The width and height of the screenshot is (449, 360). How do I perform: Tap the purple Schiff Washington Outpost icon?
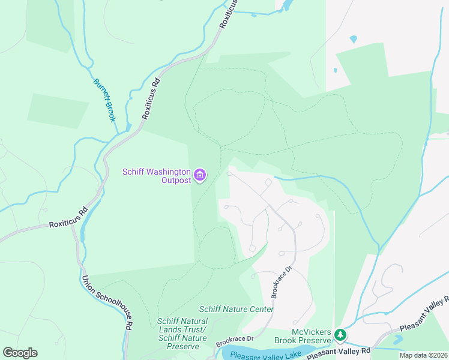click(x=200, y=176)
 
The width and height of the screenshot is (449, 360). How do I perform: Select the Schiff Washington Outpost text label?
click(x=157, y=176)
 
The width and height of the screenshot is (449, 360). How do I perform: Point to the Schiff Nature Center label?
click(x=237, y=309)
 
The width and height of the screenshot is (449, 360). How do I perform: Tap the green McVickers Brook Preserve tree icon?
click(x=340, y=334)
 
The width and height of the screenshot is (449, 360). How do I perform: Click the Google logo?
click(x=20, y=353)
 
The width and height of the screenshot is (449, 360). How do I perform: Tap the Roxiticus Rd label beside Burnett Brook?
click(x=151, y=98)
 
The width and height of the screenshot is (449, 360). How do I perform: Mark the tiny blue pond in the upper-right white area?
click(x=353, y=40)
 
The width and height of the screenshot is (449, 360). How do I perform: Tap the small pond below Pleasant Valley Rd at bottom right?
click(x=397, y=339)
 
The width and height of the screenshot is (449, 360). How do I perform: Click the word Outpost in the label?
click(x=176, y=180)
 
